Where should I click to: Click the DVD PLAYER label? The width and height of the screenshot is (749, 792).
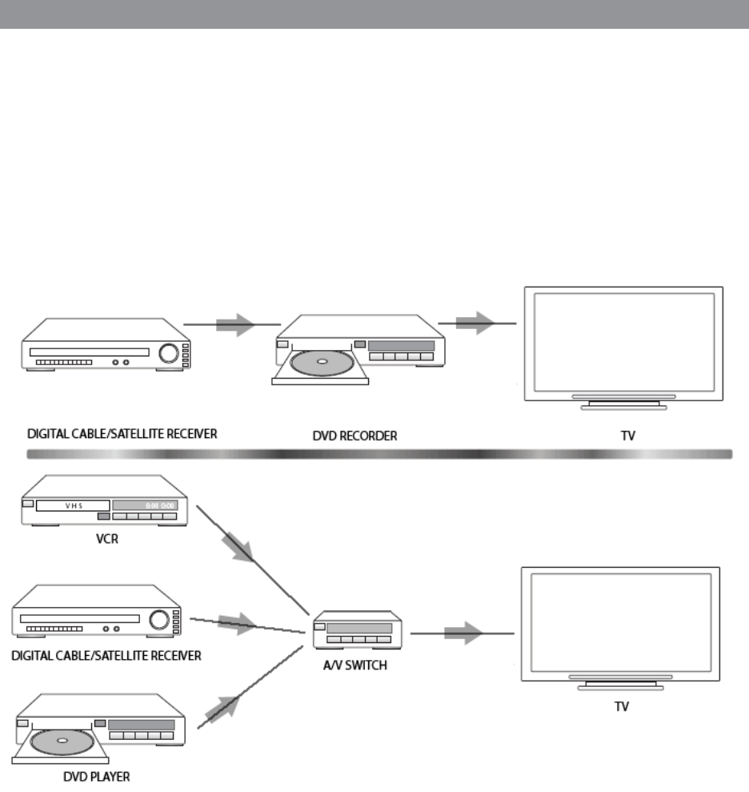(96, 776)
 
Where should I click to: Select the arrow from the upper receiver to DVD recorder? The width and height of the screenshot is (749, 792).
(235, 324)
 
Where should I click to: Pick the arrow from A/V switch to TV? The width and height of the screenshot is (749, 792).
(463, 633)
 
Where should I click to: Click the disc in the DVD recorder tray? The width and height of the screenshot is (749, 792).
(321, 363)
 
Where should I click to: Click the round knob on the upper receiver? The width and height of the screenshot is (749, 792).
(170, 352)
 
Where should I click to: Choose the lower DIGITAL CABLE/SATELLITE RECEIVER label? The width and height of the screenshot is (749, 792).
(106, 656)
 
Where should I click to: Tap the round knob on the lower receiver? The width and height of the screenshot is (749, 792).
(158, 619)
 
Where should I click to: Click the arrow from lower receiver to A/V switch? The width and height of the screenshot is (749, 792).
(237, 622)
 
